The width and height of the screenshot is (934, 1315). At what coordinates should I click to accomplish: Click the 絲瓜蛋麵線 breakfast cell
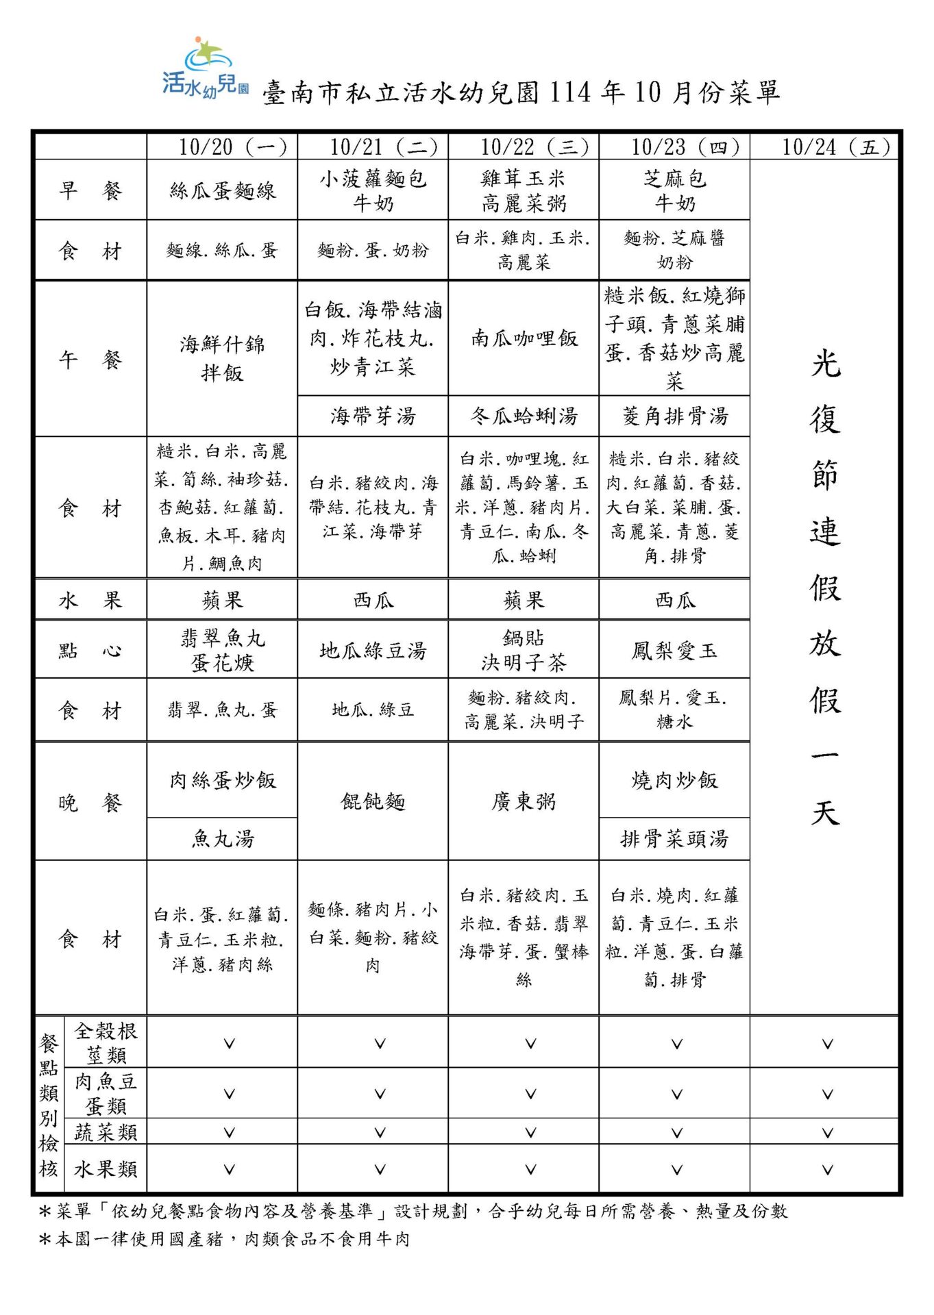223,190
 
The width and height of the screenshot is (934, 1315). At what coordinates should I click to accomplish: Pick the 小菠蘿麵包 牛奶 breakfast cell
373,190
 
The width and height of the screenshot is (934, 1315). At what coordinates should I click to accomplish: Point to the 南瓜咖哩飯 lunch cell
524,338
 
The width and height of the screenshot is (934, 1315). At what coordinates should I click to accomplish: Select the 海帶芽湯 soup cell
373,416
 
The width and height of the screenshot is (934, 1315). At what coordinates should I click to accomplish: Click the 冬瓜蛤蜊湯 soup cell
524,416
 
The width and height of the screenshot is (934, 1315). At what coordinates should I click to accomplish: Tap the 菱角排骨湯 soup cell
675,416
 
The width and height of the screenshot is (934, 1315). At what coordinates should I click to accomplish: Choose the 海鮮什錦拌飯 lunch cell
223,358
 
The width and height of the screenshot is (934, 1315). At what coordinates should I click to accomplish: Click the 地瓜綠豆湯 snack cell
373,650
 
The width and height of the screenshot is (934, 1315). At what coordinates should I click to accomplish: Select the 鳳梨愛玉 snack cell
675,650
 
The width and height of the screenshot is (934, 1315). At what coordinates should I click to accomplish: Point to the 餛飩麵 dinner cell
373,801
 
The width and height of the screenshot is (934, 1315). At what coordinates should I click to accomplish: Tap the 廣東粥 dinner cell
524,801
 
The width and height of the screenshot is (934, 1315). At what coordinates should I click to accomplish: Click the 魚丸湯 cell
223,838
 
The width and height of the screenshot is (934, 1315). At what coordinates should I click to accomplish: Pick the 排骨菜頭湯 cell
675,838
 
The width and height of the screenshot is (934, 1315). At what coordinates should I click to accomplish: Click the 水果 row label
90,601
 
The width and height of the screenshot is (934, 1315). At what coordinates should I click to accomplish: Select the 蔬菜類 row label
106,1132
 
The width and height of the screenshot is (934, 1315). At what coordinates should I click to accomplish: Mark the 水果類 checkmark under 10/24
827,1170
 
